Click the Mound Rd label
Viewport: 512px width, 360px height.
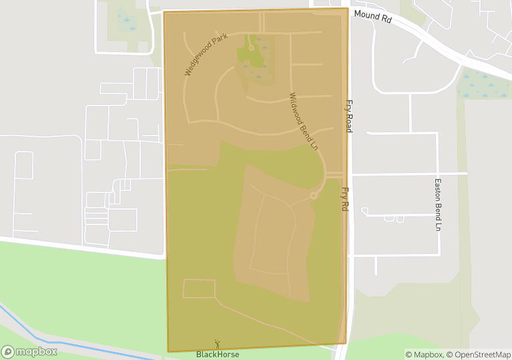pos(372,16)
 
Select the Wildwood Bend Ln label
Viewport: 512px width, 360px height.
pos(304,121)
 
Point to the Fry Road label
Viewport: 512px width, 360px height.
pos(348,116)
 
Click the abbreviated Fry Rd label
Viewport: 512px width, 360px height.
pos(345,199)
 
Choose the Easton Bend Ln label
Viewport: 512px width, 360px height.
pos(439,204)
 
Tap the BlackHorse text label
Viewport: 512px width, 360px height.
pos(218,354)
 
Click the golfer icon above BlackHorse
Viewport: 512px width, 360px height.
pos(217,344)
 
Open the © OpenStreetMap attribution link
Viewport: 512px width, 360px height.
pos(478,354)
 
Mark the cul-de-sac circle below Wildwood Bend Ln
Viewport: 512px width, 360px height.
pos(314,196)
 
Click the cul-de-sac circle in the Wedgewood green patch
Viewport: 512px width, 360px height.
pos(252,47)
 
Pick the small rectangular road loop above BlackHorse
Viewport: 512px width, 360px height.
pos(199,289)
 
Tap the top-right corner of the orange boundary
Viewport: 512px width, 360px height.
pos(348,9)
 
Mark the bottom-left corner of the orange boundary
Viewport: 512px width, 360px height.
pos(168,351)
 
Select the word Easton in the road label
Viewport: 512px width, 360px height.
pos(439,188)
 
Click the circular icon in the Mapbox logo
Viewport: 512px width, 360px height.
pos(8,351)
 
